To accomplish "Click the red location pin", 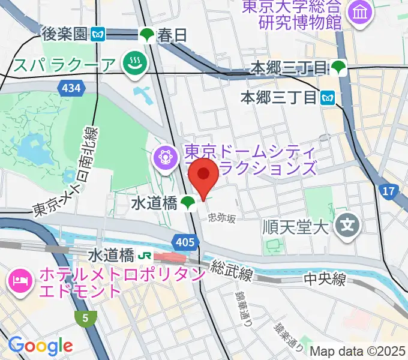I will coord(203,175).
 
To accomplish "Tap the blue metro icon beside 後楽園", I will coord(99,35).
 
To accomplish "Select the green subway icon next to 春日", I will coord(147,35).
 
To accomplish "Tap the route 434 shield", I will coord(71,89).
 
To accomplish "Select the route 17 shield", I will coord(389,191).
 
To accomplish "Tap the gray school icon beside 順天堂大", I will coord(347,226).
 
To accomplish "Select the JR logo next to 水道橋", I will coord(144,256).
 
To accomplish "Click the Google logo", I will coord(40,346).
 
